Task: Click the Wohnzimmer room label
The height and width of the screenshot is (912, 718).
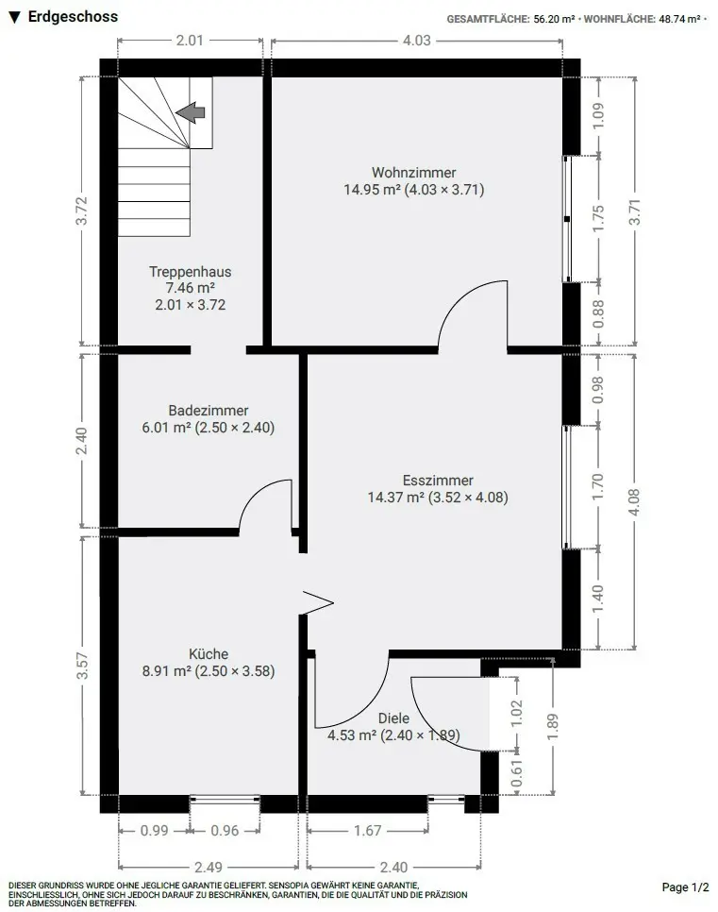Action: coord(413,172)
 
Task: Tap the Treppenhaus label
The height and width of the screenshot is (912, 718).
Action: coord(190,272)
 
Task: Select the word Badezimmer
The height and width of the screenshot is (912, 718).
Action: coord(209,410)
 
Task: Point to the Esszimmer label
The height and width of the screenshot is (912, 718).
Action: coord(438,481)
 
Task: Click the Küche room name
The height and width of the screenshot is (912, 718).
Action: coord(209,653)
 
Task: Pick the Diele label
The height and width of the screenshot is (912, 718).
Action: coord(393,718)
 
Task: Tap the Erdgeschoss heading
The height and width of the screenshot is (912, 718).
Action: coord(73,17)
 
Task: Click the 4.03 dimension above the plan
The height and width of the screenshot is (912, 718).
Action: coord(417,41)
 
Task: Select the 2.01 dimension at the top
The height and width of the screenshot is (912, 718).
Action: coord(190,41)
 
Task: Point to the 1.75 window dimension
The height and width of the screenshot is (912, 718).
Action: coord(598,218)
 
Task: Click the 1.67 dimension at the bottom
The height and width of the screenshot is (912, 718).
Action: coord(367,831)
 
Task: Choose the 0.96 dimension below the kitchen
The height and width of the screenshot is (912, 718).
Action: coord(225,831)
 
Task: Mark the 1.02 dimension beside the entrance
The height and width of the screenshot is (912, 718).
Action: coord(517,713)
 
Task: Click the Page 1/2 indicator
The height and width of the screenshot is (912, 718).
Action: coord(685,887)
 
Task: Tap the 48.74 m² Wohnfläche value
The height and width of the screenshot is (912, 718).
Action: coord(679,19)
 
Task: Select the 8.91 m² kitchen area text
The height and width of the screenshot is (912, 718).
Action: coord(167,671)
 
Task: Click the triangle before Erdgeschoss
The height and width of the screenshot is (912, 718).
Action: coord(15,17)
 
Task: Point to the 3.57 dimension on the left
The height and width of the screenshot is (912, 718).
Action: coord(82,666)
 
